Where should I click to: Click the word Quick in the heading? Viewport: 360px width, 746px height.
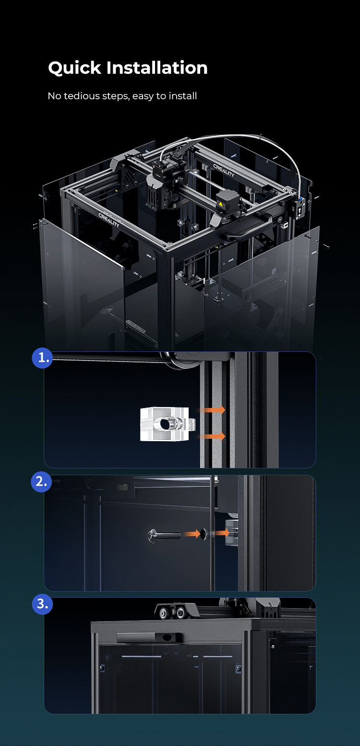(x=74, y=68)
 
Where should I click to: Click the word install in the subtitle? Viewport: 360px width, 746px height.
(x=183, y=96)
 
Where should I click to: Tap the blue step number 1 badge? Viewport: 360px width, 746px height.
(x=42, y=358)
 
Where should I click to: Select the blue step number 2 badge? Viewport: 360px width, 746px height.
(x=41, y=481)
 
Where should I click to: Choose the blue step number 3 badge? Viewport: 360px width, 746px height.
(x=42, y=604)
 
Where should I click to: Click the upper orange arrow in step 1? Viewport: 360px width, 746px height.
(x=212, y=409)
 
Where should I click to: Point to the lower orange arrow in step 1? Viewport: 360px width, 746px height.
(x=212, y=436)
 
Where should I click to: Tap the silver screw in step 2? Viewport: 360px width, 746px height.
(x=165, y=535)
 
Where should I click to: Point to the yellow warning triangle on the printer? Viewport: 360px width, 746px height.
(x=220, y=204)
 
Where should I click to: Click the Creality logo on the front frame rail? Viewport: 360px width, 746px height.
(x=109, y=220)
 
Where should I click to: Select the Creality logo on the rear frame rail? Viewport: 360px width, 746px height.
(x=224, y=170)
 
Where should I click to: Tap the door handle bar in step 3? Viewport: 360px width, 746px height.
(x=150, y=637)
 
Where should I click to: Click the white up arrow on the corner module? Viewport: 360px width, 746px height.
(x=300, y=210)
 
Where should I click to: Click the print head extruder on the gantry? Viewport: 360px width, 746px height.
(x=164, y=187)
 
